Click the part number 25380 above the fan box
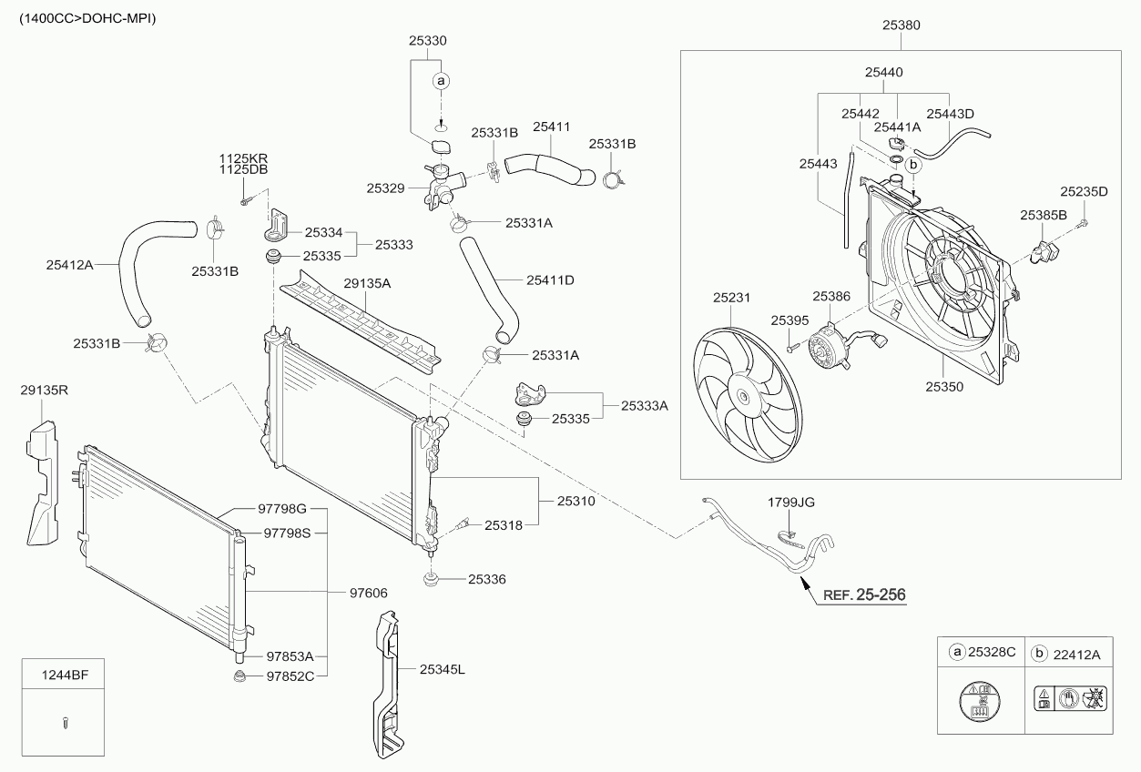point(902,25)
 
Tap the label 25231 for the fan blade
point(731,298)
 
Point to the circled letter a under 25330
point(441,80)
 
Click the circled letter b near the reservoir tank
point(913,165)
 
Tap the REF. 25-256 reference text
point(864,594)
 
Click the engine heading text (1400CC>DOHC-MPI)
point(87,18)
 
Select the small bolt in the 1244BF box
point(65,723)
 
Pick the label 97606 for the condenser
point(368,593)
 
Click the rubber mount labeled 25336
point(431,580)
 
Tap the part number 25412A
point(70,265)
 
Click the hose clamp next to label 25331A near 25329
point(460,222)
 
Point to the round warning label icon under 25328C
point(980,701)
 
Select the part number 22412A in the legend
point(1076,655)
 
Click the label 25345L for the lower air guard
point(443,669)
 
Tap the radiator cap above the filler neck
point(441,147)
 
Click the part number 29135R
point(45,390)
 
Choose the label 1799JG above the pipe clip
point(791,503)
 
